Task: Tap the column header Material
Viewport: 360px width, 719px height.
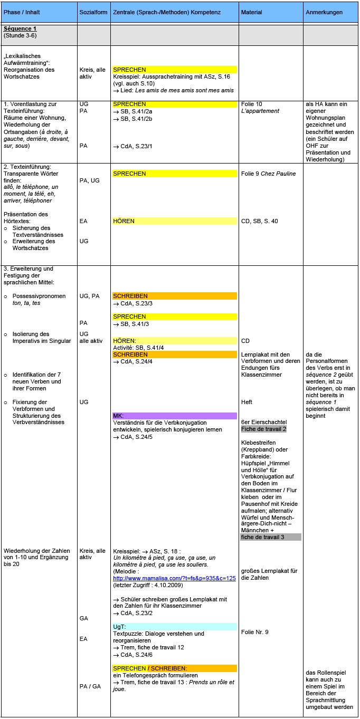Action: pos(251,12)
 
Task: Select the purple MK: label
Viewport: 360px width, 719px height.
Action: pos(118,416)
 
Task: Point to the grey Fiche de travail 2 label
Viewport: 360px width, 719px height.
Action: pos(263,429)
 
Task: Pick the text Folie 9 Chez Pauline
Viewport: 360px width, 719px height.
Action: pos(268,174)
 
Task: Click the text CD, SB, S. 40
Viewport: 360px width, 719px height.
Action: pos(259,221)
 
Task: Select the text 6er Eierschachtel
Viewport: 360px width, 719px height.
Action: pos(263,422)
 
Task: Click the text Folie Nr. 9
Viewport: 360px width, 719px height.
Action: pos(255,632)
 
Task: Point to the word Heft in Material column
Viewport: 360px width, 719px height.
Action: pos(246,402)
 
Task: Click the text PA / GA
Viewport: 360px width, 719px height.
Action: pos(90,686)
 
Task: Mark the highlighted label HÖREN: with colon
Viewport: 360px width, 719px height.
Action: pos(125,341)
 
